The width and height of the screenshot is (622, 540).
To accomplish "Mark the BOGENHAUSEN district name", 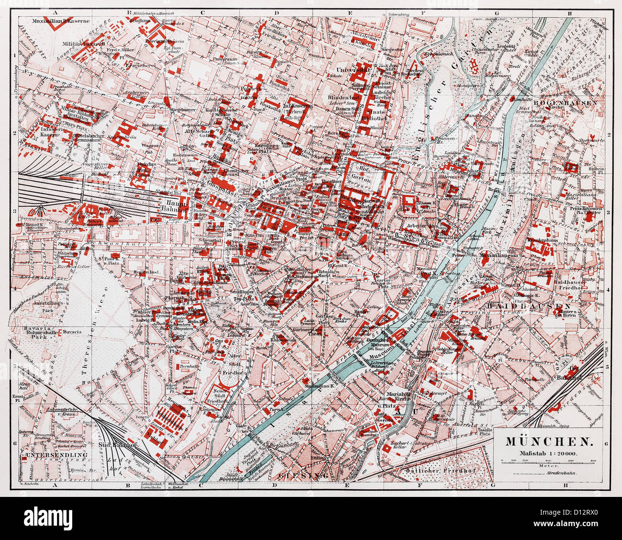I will tap(571, 102).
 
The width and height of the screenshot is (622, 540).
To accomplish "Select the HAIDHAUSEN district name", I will tap(528, 305).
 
